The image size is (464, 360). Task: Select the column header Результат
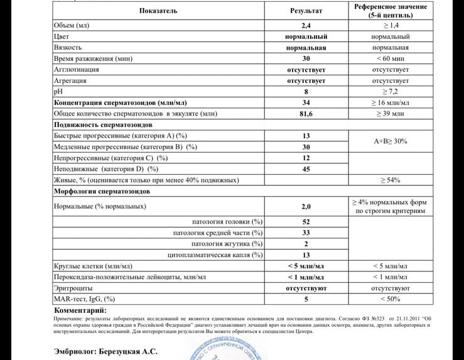pos(306,11)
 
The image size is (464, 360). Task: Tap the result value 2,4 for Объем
pos(306,26)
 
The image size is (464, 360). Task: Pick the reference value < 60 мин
pos(391,58)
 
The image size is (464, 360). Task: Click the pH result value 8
pos(306,92)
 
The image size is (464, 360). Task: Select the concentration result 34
pos(306,102)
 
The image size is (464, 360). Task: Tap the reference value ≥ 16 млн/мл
pos(391,102)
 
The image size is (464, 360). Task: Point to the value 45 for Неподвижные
pos(306,168)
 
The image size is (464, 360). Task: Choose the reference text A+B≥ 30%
pos(391,141)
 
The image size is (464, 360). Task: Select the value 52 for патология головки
pos(306,222)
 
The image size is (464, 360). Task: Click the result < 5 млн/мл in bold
pos(306,266)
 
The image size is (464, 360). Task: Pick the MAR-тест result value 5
pos(306,299)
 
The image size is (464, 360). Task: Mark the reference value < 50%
pos(391,299)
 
